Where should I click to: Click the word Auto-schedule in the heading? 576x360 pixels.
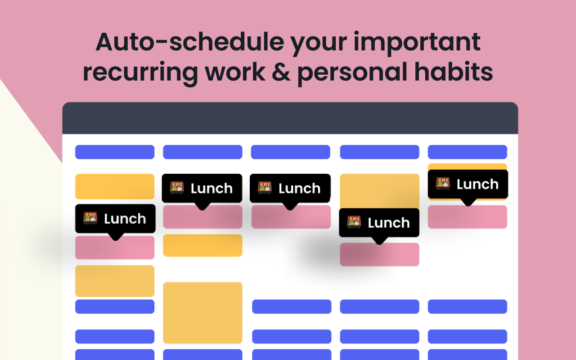pos(190,42)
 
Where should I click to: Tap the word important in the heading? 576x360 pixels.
pos(417,43)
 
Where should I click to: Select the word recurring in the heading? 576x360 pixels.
pos(140,73)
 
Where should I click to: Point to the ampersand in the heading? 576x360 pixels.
pos(281,72)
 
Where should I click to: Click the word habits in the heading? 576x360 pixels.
pos(454,72)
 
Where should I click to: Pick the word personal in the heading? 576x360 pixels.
pos(352,73)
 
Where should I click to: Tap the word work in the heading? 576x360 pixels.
pos(235,72)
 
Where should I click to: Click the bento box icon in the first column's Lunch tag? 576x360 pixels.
pos(90,218)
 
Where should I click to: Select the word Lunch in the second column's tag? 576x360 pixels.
pos(211,188)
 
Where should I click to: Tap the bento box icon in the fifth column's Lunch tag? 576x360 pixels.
pos(443,183)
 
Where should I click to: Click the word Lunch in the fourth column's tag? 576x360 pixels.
pos(388,222)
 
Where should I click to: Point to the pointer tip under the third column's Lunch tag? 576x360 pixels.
pos(290,210)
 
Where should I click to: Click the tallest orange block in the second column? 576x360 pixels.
pos(202,313)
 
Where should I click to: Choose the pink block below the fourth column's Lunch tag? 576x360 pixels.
pos(379,255)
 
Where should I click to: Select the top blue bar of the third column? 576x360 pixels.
pos(291,152)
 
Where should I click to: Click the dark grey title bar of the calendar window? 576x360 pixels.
pos(290,118)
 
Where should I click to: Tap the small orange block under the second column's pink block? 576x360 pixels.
pos(202,245)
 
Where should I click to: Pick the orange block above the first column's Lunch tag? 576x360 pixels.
pos(115,187)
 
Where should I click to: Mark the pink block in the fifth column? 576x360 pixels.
pos(468,217)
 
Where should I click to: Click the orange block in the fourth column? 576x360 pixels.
pos(379,191)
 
